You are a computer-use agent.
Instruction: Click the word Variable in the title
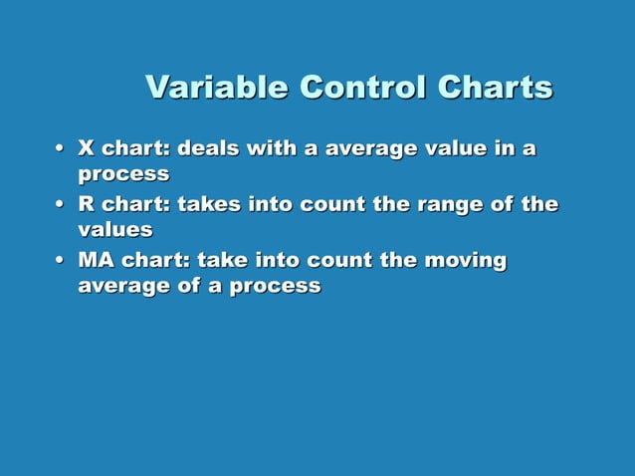point(204,88)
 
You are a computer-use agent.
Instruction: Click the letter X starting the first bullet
point(87,149)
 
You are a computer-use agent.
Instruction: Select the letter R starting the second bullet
point(87,205)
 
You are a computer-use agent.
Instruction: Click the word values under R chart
point(115,230)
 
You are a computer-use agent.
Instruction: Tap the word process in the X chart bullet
point(123,174)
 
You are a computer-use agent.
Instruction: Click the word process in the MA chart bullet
point(275,287)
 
